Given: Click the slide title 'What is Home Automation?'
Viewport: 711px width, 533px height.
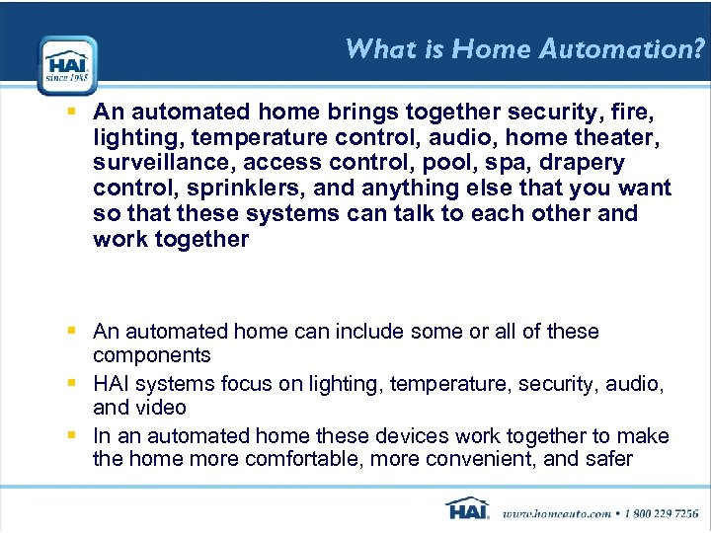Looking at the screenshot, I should click(x=525, y=49).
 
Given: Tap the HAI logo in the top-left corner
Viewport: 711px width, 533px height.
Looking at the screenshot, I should click(x=67, y=65).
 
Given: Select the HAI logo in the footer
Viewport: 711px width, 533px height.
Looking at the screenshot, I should click(x=468, y=509).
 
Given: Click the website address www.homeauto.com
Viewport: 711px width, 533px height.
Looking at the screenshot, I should click(x=556, y=512).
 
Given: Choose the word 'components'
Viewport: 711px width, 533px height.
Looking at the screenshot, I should click(x=151, y=355).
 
